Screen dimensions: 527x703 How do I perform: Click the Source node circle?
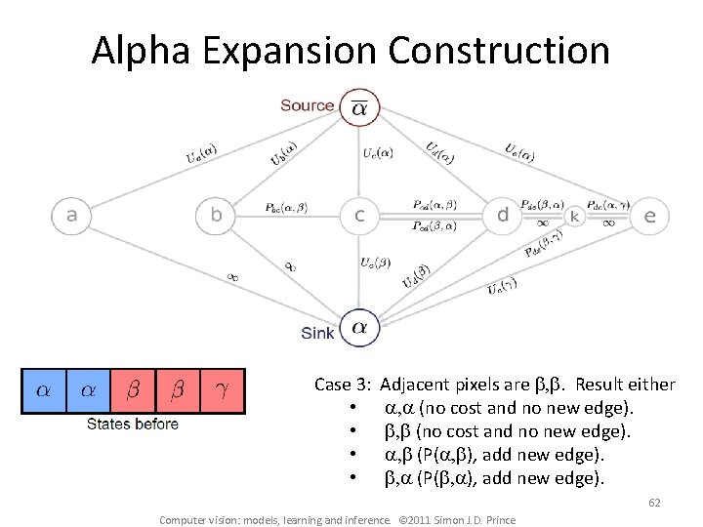[x=359, y=108]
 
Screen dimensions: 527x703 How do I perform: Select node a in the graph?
[x=70, y=216]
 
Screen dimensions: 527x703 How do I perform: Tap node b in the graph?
[x=216, y=216]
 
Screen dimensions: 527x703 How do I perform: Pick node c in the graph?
[x=359, y=216]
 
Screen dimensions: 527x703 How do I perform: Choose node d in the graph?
[x=503, y=216]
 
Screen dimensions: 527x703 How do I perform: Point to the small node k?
[x=575, y=216]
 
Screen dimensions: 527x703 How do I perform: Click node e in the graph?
[x=649, y=216]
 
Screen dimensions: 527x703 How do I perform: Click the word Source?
[x=307, y=105]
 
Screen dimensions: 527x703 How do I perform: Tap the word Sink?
[x=317, y=334]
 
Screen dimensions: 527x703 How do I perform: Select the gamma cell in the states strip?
[x=221, y=390]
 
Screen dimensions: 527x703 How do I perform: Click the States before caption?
[x=133, y=424]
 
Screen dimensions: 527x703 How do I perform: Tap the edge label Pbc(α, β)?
[x=286, y=208]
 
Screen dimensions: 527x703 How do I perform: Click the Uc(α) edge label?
[x=378, y=152]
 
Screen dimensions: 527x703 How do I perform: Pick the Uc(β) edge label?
[x=377, y=263]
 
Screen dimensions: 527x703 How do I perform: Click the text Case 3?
[x=343, y=385]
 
